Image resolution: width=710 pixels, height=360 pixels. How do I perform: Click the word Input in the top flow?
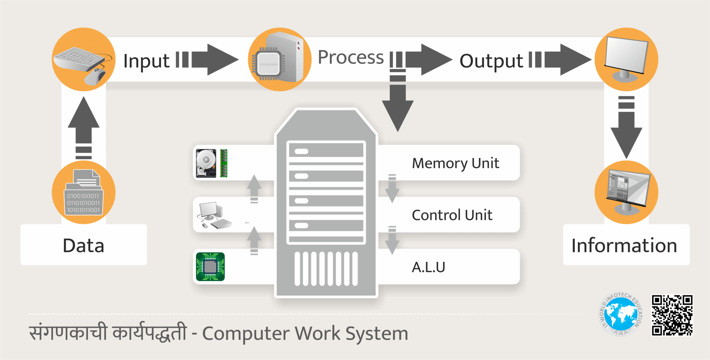pos(146,61)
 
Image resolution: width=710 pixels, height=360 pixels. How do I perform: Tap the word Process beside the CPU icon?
pos(350,57)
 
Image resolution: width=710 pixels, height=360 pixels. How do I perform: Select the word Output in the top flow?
pos(491,61)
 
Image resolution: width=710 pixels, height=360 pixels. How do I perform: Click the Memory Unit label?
pos(455,163)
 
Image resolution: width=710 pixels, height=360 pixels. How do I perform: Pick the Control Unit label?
pos(452,215)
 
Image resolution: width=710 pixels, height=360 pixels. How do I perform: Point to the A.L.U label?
pos(428,267)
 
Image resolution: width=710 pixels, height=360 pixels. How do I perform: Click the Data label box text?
pos(84,246)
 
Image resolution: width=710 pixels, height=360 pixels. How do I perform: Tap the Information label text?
pos(624,246)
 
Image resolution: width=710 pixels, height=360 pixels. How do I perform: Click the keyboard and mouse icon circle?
pos(84,60)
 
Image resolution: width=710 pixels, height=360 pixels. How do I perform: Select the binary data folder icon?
pos(84,193)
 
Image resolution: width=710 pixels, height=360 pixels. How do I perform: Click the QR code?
pos(672,315)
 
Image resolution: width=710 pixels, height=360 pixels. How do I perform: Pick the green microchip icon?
pos(210,266)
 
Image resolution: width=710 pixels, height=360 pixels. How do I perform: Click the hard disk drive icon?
pos(206,163)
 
